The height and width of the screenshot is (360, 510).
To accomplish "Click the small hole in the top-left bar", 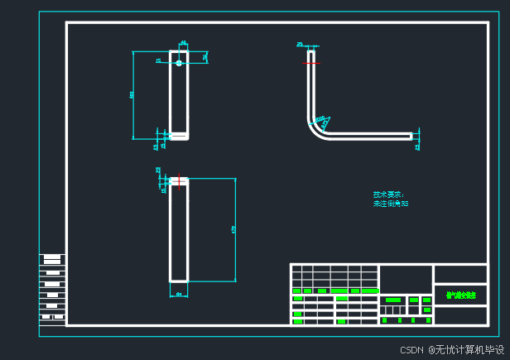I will click(x=178, y=63).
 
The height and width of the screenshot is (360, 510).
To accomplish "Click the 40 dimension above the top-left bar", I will click(x=183, y=43).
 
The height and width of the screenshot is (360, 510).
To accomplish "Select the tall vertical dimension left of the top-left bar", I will click(x=132, y=94).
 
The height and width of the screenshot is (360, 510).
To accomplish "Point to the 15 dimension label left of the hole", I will click(x=158, y=60).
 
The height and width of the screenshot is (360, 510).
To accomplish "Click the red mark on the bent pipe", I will click(x=310, y=62).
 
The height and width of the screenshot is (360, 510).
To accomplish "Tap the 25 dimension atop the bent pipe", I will click(x=300, y=44).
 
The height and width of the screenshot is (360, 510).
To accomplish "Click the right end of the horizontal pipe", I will click(x=410, y=136).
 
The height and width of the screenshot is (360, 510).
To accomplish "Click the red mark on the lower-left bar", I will click(x=178, y=180).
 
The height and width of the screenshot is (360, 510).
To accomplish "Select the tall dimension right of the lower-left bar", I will click(x=235, y=228).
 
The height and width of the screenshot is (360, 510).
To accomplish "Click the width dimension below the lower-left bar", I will click(x=179, y=293).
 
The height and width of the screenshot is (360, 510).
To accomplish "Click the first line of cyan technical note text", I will click(x=388, y=194).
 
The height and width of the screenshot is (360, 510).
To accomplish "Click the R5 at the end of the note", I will click(x=404, y=204).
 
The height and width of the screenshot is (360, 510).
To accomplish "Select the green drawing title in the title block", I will click(x=460, y=295).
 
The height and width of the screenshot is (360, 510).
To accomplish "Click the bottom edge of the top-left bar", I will click(x=179, y=137).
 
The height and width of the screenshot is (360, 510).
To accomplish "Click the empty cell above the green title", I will click(x=460, y=274).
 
